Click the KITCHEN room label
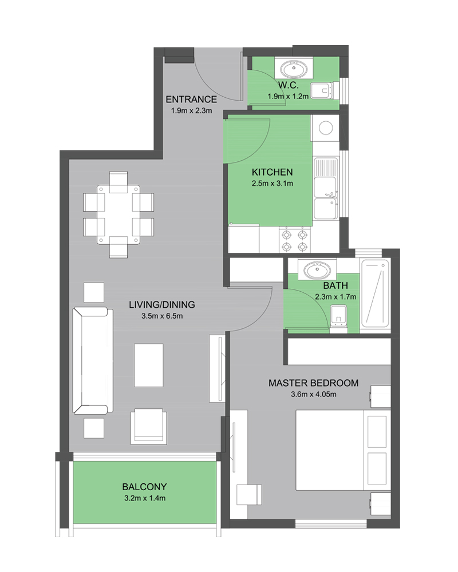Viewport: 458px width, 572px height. tap(272, 172)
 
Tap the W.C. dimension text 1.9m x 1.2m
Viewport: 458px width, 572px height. tap(288, 96)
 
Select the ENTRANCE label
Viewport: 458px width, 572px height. tap(191, 99)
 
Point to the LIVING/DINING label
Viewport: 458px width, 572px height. tap(162, 305)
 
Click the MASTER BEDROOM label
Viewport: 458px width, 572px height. tap(313, 383)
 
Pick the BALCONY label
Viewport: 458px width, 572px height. tap(144, 487)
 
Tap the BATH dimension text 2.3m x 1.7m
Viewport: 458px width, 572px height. tap(335, 297)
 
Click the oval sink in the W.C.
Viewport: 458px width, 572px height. tap(294, 69)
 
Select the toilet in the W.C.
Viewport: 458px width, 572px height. tap(325, 90)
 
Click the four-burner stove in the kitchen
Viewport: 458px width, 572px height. tap(295, 240)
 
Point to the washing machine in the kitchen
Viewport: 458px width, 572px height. tap(325, 128)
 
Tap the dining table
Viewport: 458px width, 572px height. tap(119, 214)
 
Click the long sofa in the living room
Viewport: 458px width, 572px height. tap(93, 361)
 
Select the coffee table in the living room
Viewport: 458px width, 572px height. tap(149, 365)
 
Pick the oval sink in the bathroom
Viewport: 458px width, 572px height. tap(317, 271)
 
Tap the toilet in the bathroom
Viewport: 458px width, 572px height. tap(338, 319)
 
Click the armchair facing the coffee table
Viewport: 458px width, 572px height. tap(149, 426)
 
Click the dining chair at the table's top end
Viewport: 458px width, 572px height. tap(119, 182)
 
